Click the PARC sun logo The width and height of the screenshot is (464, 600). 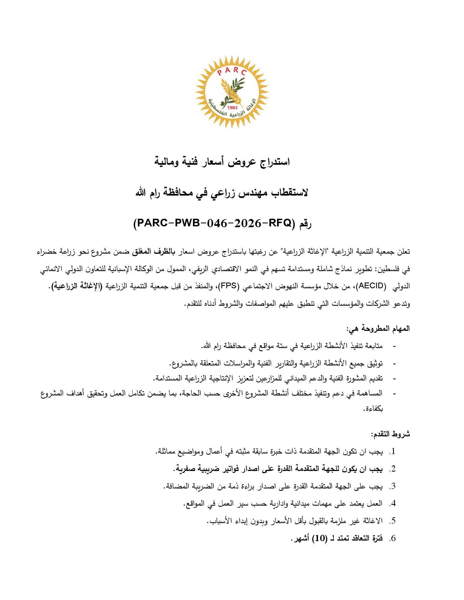[x=232, y=92]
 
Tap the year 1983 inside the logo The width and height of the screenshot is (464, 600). [x=232, y=107]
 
